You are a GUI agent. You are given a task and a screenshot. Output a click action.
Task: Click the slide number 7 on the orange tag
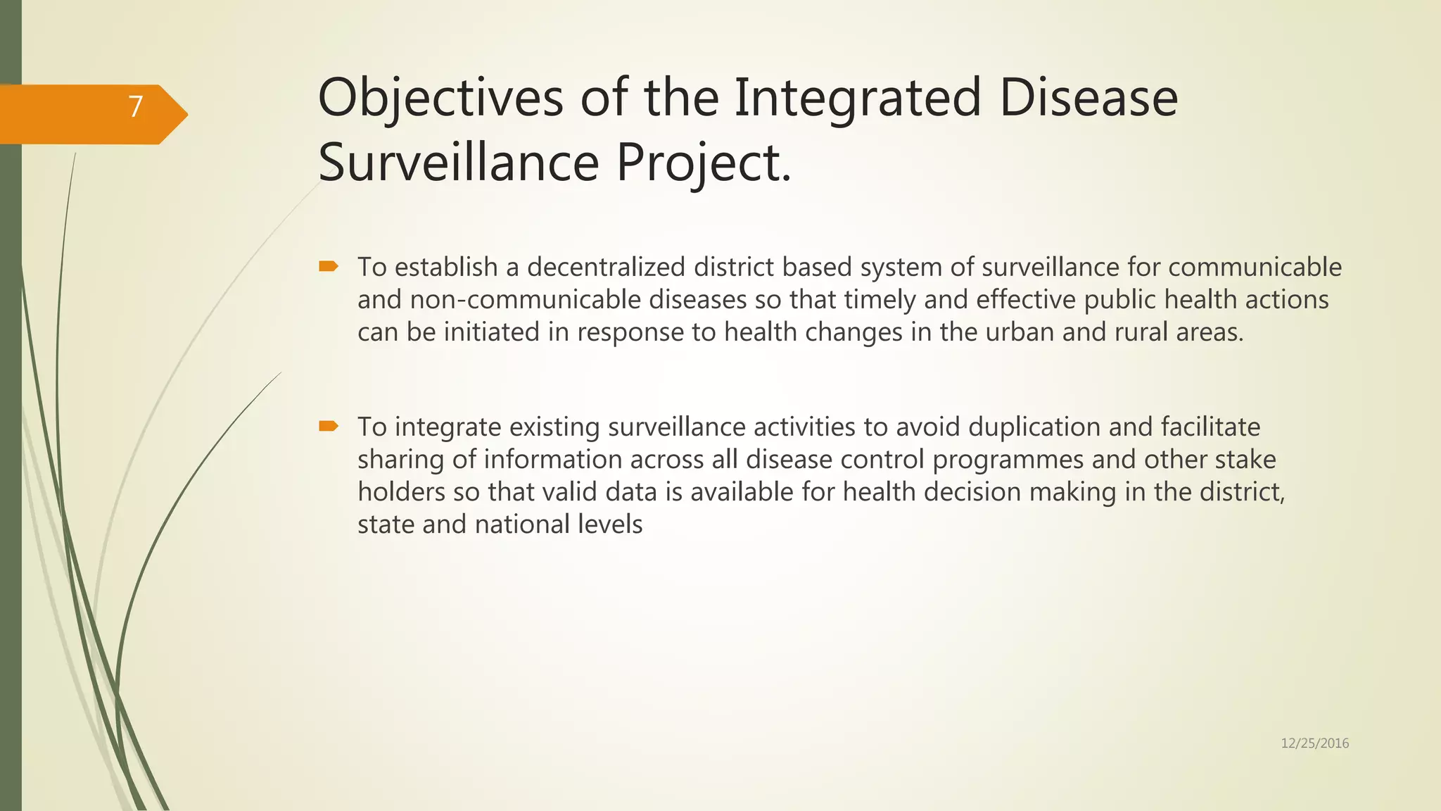point(136,107)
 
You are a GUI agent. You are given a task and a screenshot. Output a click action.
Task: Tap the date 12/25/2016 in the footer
point(1314,743)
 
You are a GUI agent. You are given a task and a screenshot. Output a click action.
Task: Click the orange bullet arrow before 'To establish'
point(329,266)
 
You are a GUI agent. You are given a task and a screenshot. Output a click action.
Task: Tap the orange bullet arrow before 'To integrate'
point(329,426)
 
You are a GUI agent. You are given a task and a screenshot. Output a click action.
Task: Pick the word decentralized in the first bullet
point(606,268)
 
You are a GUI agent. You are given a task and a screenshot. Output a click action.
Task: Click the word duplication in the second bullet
point(1034,427)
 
